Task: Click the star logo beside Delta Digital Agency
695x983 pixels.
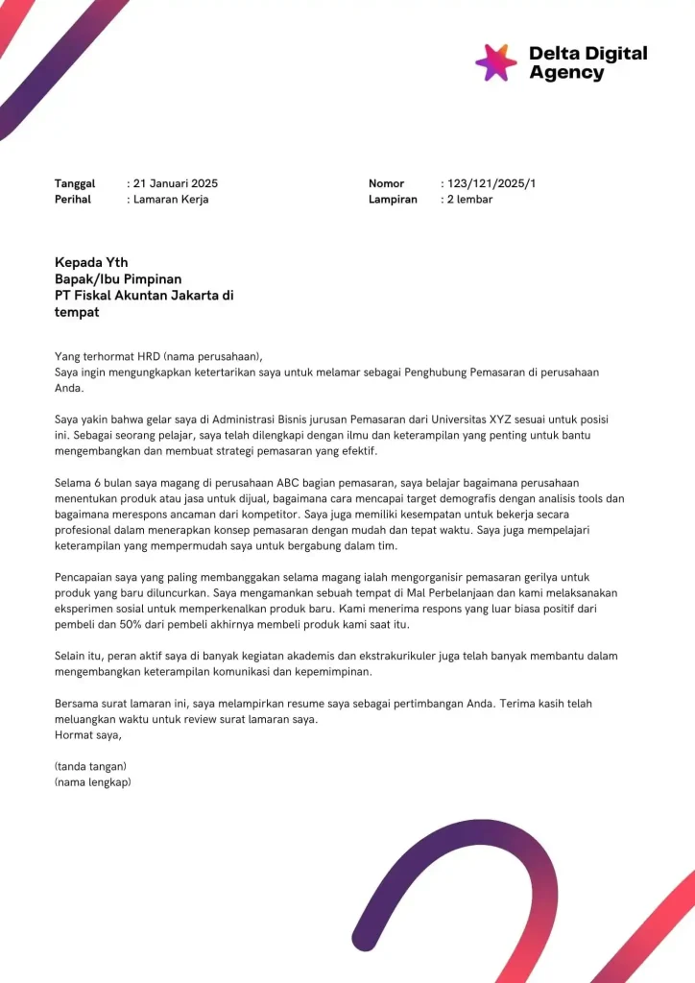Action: tap(496, 62)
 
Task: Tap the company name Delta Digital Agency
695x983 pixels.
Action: tap(587, 62)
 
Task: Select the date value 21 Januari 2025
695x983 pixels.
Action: tap(176, 183)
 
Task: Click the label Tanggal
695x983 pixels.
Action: tap(75, 183)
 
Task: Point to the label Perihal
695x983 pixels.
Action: tap(73, 200)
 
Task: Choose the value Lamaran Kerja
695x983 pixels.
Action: tap(171, 200)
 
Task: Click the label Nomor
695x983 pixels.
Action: tap(387, 183)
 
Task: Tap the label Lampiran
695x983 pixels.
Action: tap(393, 200)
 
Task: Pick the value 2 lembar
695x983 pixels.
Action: tap(470, 200)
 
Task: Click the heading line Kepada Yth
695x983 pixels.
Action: tap(91, 262)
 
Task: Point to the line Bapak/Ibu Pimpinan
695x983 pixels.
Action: tap(118, 279)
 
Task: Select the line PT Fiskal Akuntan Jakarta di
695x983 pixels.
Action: tap(144, 296)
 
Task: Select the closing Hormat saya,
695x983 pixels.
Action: tap(88, 735)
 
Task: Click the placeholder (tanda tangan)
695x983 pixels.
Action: tap(91, 766)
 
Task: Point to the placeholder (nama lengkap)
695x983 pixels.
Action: tap(93, 782)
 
